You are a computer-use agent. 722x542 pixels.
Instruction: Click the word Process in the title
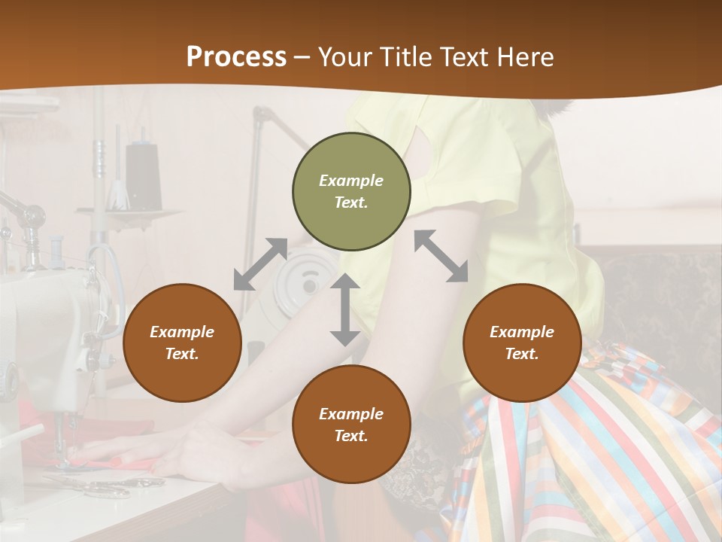(236, 56)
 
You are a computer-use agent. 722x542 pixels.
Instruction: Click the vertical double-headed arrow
(345, 309)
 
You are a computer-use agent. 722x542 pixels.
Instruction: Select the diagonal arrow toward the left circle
(260, 264)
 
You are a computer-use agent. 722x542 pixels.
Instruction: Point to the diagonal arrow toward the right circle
(441, 256)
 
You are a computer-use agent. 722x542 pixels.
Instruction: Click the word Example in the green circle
(351, 181)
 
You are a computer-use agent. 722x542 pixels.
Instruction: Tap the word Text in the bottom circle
(350, 436)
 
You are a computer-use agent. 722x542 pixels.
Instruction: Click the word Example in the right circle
(522, 332)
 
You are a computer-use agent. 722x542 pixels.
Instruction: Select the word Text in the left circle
(181, 354)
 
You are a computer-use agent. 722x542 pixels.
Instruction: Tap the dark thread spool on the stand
(143, 176)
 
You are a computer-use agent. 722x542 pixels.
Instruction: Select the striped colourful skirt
(602, 452)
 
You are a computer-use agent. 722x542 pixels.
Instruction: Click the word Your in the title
(344, 56)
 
